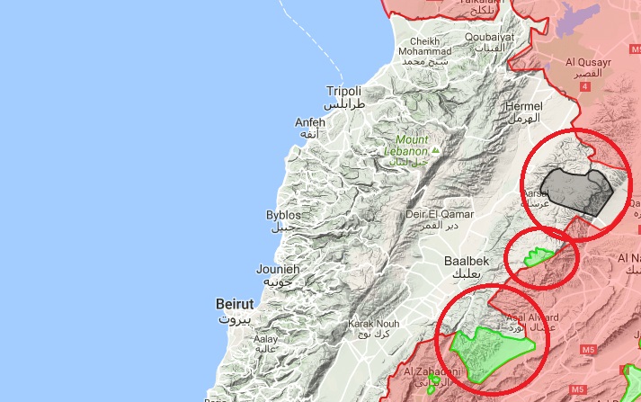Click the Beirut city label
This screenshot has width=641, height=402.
(x=234, y=304)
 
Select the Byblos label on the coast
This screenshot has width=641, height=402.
(x=283, y=215)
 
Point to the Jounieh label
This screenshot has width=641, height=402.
(x=278, y=269)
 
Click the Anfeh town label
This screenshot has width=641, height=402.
(x=310, y=122)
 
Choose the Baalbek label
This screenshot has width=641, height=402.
(x=467, y=261)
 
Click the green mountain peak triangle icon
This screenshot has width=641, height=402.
(x=436, y=150)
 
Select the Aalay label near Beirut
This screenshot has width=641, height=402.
(x=266, y=339)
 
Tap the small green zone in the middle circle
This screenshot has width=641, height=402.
(x=539, y=256)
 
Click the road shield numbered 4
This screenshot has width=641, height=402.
(x=586, y=86)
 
